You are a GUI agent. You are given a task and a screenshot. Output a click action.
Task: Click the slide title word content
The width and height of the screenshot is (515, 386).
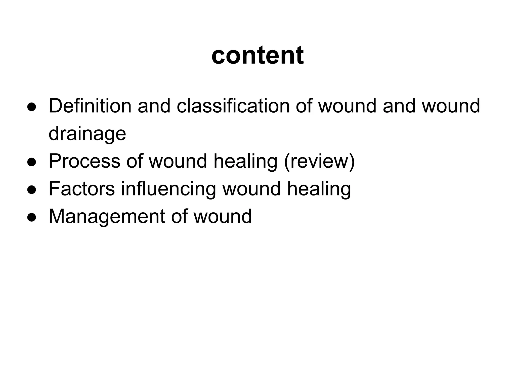(257, 56)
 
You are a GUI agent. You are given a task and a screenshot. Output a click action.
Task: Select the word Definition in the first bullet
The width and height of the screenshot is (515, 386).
(90, 106)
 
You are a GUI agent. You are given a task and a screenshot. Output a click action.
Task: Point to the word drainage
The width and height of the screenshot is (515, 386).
(87, 134)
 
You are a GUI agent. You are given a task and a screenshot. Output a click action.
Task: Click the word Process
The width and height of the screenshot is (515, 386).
(84, 161)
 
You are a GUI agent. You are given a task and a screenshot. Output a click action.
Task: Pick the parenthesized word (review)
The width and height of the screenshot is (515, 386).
(319, 161)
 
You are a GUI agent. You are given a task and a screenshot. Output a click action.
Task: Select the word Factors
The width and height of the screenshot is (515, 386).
(82, 189)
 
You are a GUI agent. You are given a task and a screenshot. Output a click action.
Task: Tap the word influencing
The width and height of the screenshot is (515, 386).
(168, 189)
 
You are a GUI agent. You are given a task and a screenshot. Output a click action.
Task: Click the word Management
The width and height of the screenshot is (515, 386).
(107, 216)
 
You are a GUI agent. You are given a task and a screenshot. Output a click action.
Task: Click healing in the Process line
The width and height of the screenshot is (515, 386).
(245, 161)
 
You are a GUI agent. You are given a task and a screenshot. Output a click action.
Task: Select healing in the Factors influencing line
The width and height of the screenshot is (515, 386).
(319, 189)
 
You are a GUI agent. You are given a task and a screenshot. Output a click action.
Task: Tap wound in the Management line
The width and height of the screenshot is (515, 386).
(223, 216)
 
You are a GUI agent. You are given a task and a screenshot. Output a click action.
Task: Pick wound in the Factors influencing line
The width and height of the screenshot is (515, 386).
(251, 189)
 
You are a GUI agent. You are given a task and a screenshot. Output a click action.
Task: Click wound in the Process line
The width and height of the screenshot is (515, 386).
(178, 161)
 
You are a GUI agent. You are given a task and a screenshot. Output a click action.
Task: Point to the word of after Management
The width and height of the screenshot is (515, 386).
(179, 216)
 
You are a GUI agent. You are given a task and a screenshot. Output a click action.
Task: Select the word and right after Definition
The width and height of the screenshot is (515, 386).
(154, 106)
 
